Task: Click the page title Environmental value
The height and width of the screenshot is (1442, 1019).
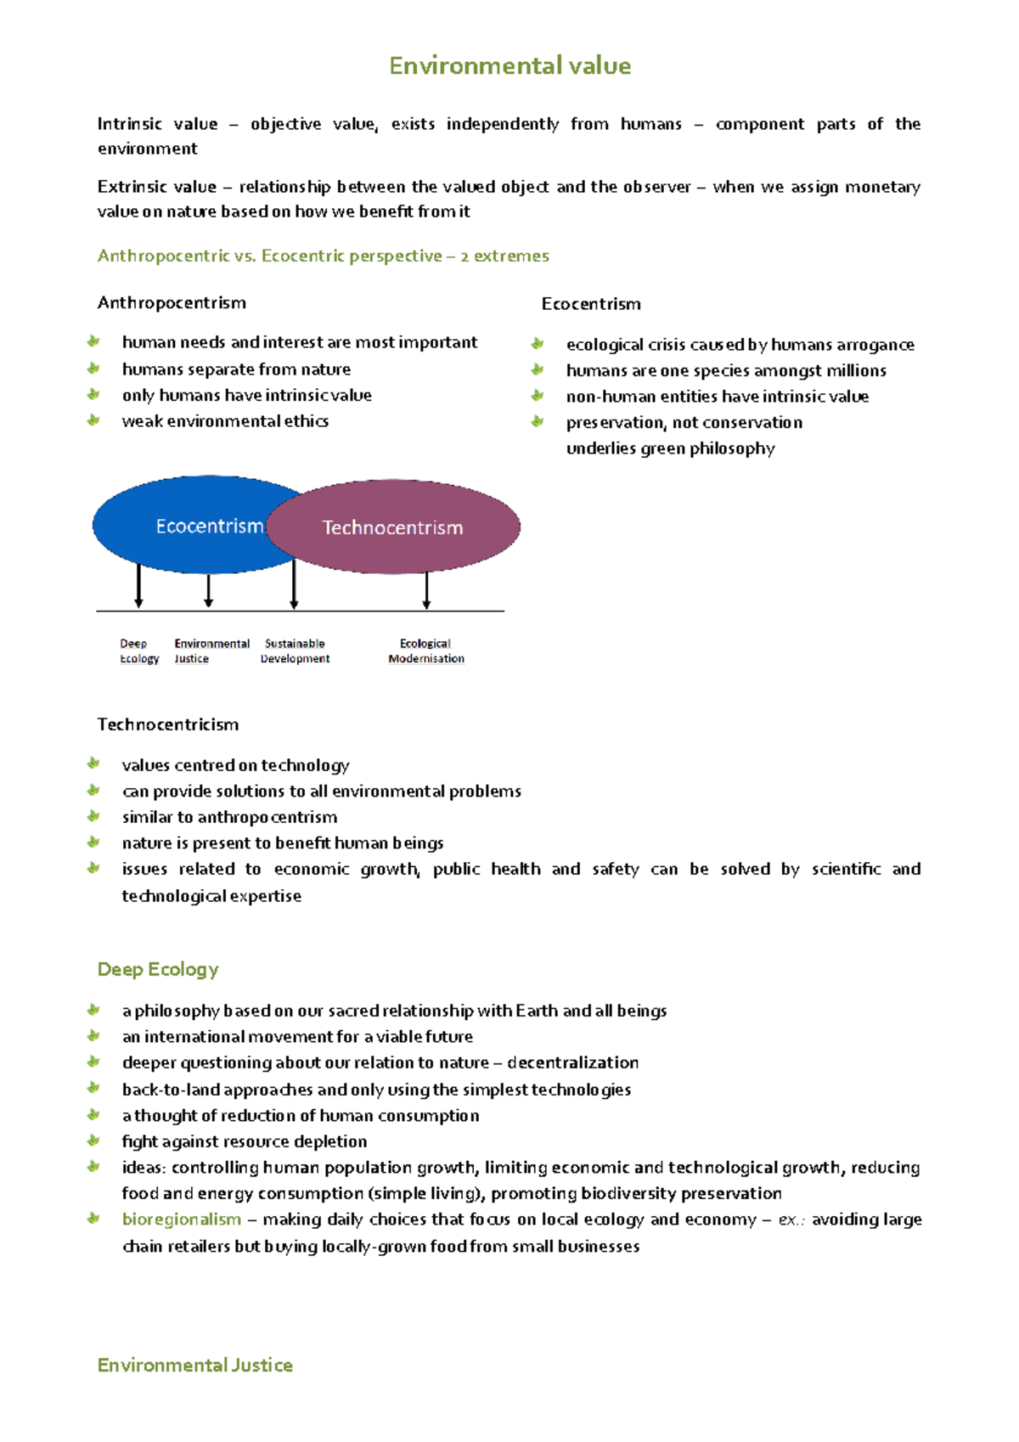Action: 509,66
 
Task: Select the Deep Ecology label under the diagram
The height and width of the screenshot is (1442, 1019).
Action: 138,651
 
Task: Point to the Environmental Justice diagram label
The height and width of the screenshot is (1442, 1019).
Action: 211,651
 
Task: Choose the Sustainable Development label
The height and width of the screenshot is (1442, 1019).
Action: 295,651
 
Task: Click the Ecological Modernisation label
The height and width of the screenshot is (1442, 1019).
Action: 425,651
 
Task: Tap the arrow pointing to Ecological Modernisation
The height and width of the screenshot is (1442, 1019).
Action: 426,590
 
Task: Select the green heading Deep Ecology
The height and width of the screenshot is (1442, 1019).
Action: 158,969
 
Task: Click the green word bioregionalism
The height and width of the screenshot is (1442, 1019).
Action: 182,1220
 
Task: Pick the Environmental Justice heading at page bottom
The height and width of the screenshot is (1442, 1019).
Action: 195,1365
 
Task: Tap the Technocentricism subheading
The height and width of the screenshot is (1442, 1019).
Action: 168,724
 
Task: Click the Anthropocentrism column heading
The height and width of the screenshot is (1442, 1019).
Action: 172,303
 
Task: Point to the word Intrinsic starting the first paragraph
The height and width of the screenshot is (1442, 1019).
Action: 129,124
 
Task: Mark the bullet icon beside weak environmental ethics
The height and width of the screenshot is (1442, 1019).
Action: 93,420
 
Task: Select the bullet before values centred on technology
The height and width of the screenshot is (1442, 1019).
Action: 93,764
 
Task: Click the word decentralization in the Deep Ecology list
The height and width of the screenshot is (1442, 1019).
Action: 573,1062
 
